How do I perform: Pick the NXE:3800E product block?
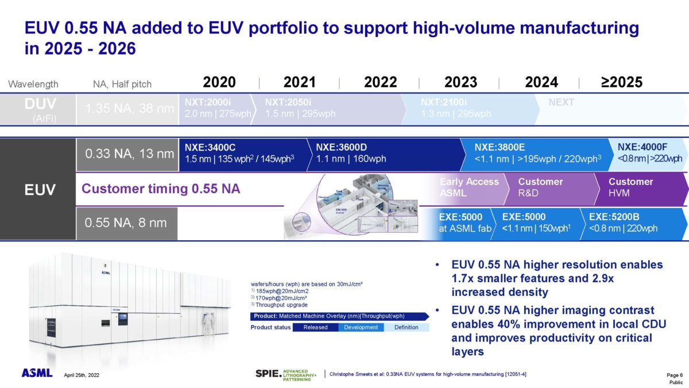[537, 153]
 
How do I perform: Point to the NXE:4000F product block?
[649, 153]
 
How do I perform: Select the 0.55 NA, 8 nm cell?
[126, 223]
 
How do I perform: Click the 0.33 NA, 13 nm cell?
[126, 153]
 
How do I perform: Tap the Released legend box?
[315, 327]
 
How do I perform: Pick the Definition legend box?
[407, 327]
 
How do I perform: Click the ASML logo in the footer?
[37, 373]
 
